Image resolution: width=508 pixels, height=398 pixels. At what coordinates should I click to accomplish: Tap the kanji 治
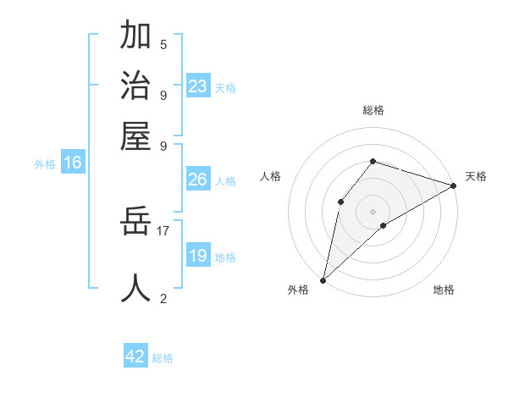135,86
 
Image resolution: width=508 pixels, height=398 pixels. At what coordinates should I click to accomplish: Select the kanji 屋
135,135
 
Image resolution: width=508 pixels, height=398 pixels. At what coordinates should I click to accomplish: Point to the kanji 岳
135,222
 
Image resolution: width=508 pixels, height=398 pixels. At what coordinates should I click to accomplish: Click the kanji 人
135,288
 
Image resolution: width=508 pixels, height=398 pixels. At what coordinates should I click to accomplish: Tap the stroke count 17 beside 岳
163,229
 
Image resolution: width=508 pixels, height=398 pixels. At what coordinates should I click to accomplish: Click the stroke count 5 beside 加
163,45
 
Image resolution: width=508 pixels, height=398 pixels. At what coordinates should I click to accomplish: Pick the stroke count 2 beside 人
163,298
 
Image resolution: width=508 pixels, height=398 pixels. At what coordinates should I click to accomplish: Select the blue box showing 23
197,86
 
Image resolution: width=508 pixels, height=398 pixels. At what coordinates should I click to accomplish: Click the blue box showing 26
197,180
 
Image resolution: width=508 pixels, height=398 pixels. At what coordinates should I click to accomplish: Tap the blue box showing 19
197,256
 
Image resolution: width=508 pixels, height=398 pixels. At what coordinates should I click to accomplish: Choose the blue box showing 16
72,163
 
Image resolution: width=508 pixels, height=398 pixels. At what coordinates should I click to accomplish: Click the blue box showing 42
135,357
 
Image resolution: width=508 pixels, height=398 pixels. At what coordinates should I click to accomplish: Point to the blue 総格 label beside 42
163,358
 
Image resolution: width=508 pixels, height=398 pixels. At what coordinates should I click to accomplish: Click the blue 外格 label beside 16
45,164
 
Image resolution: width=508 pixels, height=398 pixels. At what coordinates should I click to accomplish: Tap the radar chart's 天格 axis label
476,176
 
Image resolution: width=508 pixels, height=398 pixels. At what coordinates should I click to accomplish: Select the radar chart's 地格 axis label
444,290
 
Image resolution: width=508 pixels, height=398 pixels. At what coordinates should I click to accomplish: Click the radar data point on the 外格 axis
323,279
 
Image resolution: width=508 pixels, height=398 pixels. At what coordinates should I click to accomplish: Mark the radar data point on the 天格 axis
454,185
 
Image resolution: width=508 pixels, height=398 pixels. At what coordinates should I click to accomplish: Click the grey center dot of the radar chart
373,211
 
